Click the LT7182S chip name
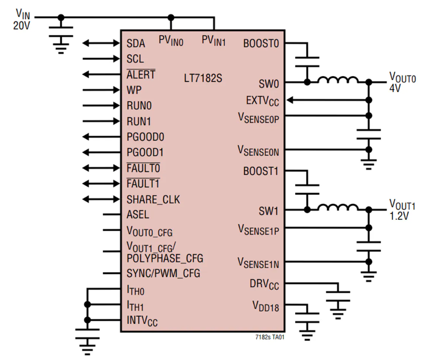(x=203, y=78)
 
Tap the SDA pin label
(x=136, y=44)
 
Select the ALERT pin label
(x=141, y=75)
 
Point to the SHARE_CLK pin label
(x=153, y=199)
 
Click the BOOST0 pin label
(x=261, y=44)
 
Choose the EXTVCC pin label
(x=262, y=101)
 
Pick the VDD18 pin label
(x=266, y=306)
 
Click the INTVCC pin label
(x=142, y=321)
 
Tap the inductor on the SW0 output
(x=338, y=79)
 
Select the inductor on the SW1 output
(x=338, y=207)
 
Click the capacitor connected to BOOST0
(x=307, y=62)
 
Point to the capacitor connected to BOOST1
(x=307, y=189)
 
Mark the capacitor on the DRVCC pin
(x=338, y=296)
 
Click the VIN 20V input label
(x=22, y=19)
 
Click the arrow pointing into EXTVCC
(x=327, y=100)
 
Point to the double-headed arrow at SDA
(x=101, y=43)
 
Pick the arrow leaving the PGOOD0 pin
(x=101, y=137)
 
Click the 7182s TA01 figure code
(x=270, y=337)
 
